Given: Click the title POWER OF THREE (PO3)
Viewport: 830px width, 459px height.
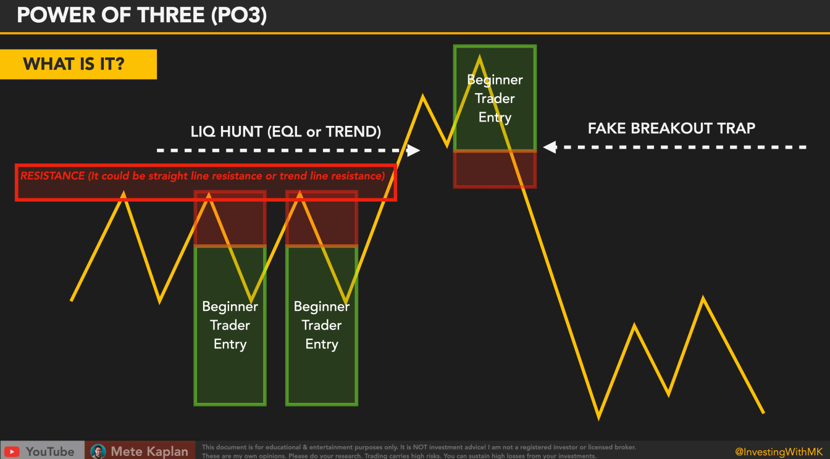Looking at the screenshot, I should coord(141,15).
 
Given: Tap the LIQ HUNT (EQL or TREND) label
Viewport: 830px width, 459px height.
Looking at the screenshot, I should coord(285,131).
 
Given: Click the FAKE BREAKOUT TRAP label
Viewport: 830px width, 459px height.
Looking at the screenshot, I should coord(671,128).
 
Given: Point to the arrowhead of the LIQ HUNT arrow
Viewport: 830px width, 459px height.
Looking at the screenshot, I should coord(414,150).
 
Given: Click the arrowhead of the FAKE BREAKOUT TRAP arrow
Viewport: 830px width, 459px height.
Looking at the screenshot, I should coord(549,147).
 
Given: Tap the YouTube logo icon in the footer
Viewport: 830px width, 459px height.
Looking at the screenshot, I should coord(12,452).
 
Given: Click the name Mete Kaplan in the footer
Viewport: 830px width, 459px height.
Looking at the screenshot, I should coord(149,452).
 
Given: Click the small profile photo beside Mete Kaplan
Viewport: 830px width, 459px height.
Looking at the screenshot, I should coord(98,452).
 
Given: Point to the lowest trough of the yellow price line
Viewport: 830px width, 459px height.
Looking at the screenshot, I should coord(598,417).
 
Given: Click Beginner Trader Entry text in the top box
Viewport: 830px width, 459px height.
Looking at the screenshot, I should coord(495,99).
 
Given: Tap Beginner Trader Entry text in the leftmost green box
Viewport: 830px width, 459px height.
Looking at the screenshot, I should coord(230,325).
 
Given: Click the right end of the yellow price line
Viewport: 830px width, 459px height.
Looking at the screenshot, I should coord(763,413).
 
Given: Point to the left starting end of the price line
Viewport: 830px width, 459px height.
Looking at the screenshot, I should coord(72,300).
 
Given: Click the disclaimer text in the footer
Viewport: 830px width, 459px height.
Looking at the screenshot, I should coord(418,452).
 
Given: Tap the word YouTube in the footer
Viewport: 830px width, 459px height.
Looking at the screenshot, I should coord(50,452).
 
